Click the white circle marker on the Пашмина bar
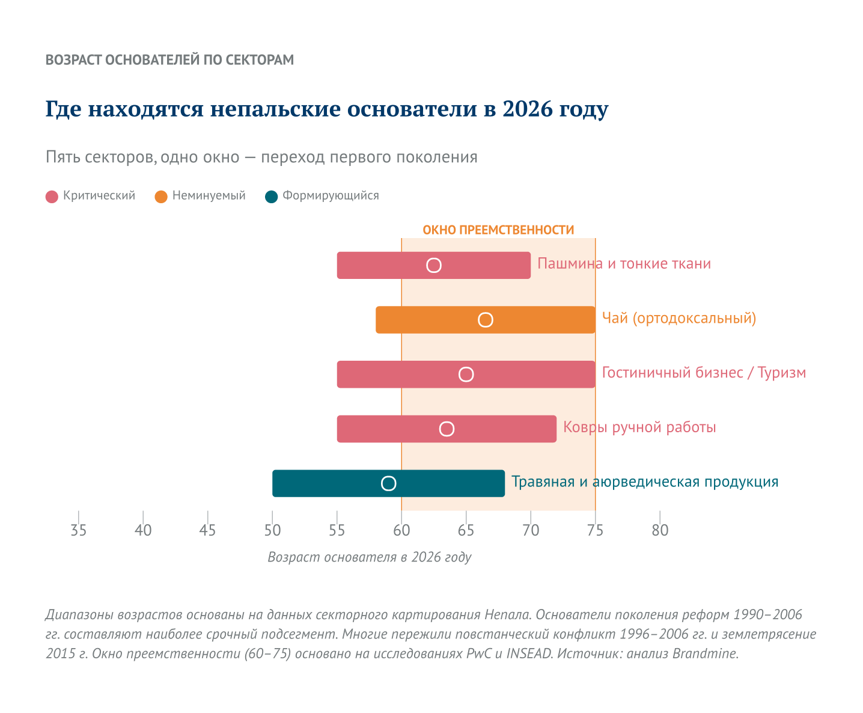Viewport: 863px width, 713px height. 434,266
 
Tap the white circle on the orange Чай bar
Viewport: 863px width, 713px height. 486,320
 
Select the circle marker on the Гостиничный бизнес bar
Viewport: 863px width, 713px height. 466,375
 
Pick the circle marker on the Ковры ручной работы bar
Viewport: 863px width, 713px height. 447,429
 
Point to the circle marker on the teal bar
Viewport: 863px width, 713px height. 389,483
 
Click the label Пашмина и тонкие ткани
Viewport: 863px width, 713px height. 624,264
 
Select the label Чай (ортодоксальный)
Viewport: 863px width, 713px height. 679,318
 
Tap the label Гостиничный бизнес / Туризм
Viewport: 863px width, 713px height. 704,373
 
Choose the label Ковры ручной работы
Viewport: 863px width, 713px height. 639,427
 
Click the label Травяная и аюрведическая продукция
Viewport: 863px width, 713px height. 645,482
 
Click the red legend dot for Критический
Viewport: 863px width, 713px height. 52,197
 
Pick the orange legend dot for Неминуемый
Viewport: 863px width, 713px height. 161,197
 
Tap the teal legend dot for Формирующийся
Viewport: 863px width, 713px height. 272,197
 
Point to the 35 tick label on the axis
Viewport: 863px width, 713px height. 79,530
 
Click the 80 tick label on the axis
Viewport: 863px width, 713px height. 660,530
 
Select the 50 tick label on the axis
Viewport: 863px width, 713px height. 272,530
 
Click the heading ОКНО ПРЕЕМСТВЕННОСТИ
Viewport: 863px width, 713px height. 498,230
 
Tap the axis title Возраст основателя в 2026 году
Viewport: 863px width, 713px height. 369,557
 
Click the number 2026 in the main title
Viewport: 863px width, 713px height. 527,109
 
